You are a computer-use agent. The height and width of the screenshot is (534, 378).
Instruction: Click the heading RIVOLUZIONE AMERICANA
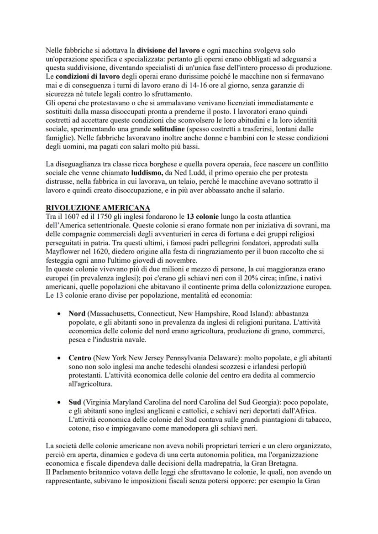[x=99, y=207]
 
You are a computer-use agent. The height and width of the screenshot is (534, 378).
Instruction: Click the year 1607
[x=75, y=216]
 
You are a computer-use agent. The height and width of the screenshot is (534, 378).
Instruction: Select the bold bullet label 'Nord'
[x=77, y=314]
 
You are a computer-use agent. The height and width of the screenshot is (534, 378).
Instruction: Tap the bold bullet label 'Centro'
[x=79, y=358]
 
